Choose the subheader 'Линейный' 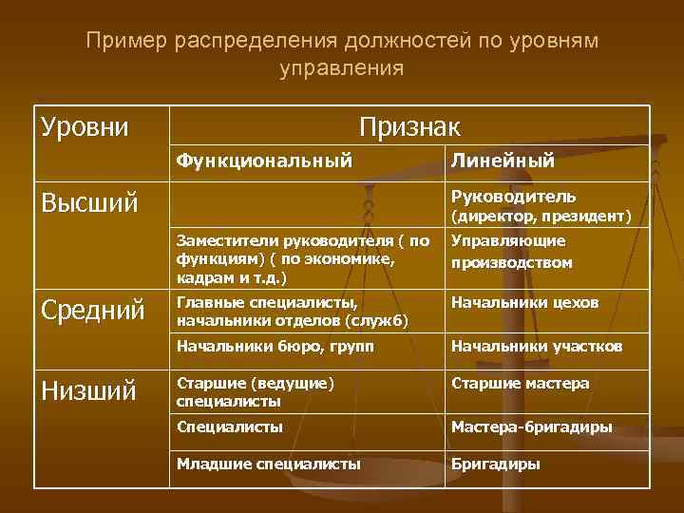click(x=503, y=161)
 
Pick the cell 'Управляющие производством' click(x=511, y=251)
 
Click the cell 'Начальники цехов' click(x=524, y=303)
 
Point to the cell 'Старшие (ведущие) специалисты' click(x=256, y=391)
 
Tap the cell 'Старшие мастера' click(x=520, y=383)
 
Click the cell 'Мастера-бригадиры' click(x=531, y=427)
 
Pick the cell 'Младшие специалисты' click(x=268, y=465)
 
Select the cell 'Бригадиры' click(x=495, y=465)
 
